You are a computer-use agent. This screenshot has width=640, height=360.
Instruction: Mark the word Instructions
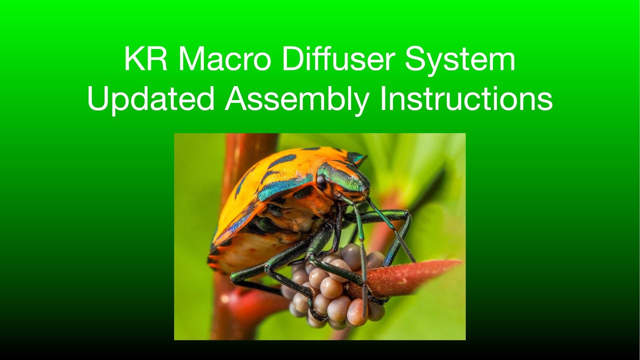466,99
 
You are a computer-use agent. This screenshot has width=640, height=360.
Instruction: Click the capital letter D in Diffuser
291,59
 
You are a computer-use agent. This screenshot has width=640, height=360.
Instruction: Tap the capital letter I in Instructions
383,99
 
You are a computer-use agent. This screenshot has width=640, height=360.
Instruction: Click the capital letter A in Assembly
235,99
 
